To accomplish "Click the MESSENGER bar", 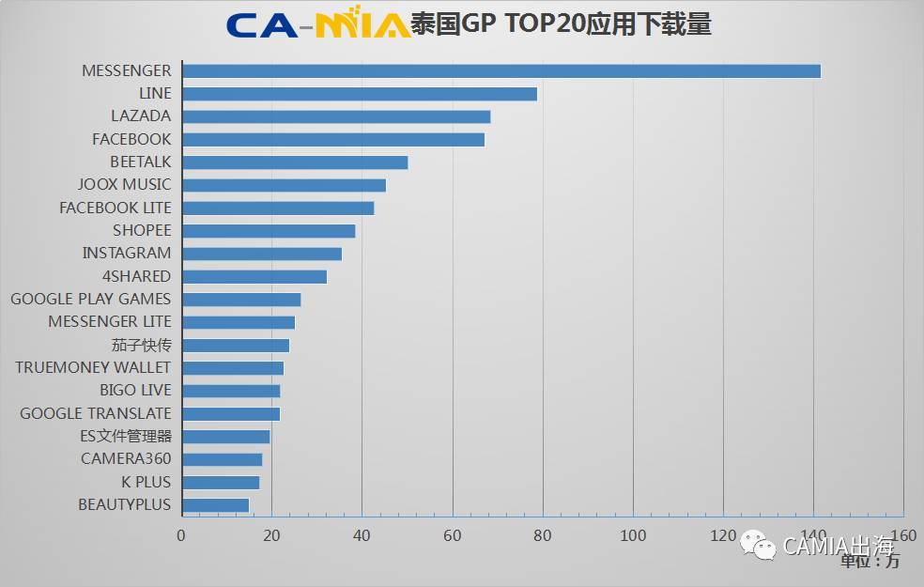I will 500,70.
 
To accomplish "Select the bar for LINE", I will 359,94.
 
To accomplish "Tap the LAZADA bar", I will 335,116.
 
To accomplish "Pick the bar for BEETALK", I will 294,162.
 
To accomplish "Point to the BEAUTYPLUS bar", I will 215,505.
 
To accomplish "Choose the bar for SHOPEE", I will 268,231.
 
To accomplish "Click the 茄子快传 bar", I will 235,345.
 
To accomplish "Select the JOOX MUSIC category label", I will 125,184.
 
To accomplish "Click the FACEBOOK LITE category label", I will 115,208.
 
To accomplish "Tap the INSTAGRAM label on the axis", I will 127,253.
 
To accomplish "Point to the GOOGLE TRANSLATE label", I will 96,413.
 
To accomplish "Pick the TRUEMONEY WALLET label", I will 93,367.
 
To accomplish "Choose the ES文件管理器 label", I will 126,436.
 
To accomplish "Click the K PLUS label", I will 146,482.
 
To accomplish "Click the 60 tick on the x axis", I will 453,535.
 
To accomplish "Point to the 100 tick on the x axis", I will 633,535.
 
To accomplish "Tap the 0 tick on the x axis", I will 181,535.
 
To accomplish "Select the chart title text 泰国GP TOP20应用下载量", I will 561,23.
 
